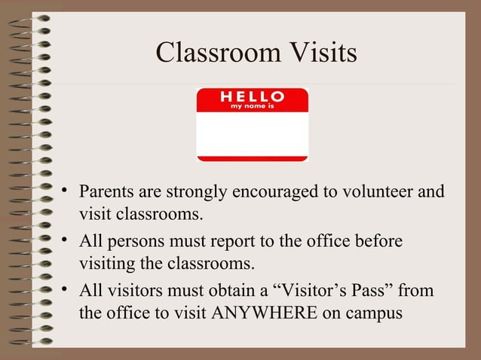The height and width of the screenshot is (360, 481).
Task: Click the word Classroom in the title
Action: click(213, 53)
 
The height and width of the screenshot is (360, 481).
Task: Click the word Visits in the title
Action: click(316, 53)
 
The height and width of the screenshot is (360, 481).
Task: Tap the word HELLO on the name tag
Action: click(252, 96)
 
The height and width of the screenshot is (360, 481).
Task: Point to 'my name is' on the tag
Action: click(252, 107)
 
